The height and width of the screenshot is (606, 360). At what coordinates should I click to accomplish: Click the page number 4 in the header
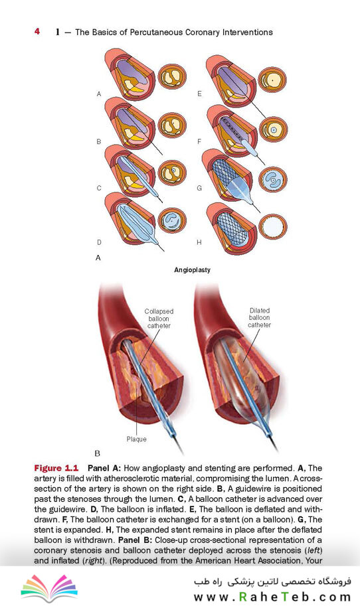point(37,31)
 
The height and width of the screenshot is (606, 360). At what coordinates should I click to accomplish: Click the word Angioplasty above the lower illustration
point(192,269)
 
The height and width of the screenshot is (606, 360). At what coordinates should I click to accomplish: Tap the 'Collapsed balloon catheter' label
point(159,319)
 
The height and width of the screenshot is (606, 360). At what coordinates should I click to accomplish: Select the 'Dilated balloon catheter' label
point(260,318)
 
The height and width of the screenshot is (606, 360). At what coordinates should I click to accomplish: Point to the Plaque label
point(137,439)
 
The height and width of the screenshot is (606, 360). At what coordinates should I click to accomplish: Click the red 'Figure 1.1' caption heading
point(56,468)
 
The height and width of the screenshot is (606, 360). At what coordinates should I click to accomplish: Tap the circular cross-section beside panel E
point(272,80)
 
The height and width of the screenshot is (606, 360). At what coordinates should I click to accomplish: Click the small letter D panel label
point(99,242)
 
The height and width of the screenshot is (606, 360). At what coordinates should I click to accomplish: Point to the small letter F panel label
point(199,142)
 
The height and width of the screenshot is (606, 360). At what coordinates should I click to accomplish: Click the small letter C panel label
point(99,189)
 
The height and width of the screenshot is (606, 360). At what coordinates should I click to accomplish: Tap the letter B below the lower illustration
point(97,453)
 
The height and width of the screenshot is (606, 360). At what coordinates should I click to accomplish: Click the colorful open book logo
point(48,587)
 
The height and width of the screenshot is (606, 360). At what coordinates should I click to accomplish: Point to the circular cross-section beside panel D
point(173,221)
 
